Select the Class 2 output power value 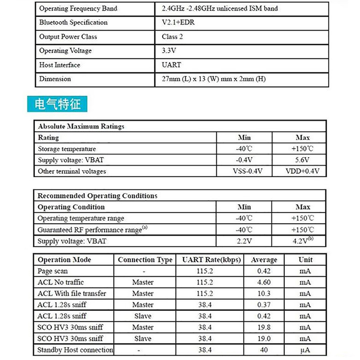click(x=172, y=36)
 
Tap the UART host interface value click(x=171, y=65)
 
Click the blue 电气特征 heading click(x=57, y=104)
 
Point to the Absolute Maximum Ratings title click(x=81, y=126)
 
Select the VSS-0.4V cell click(x=244, y=171)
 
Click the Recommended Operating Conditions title click(x=97, y=196)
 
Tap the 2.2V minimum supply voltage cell click(x=244, y=241)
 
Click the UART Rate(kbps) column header click(x=211, y=260)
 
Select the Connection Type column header click(x=145, y=260)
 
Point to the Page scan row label click(x=53, y=271)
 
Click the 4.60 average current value click(x=264, y=282)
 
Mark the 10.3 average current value click(x=264, y=293)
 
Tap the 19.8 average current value click(x=264, y=327)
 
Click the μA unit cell click(x=305, y=350)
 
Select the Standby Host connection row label click(x=75, y=350)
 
